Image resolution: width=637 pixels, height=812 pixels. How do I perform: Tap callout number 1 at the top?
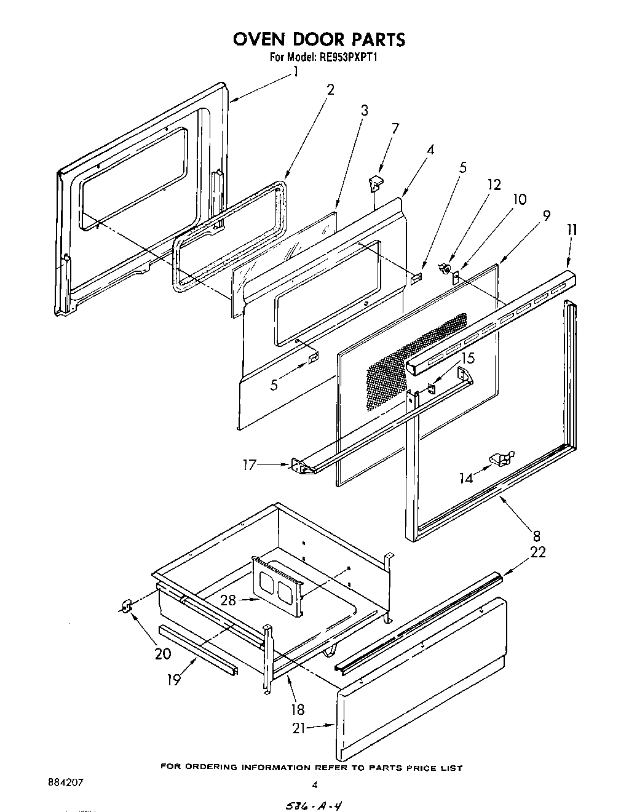point(296,72)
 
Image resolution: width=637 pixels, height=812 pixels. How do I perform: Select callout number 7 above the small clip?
point(395,129)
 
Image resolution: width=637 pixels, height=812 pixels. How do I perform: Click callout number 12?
point(494,185)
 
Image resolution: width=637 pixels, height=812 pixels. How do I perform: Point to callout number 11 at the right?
point(572,229)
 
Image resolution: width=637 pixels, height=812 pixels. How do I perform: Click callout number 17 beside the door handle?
point(250,465)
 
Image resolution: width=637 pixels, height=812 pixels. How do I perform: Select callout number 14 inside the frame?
point(467,477)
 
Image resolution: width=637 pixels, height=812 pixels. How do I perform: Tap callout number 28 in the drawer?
point(228,600)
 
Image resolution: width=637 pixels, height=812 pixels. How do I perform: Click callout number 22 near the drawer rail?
point(537,552)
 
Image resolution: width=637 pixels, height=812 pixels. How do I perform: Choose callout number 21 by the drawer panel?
point(299,728)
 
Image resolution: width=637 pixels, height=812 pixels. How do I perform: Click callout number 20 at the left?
point(163,653)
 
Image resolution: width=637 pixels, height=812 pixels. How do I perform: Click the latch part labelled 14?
point(501,458)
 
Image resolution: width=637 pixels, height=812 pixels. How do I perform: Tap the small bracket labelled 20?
point(127,607)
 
